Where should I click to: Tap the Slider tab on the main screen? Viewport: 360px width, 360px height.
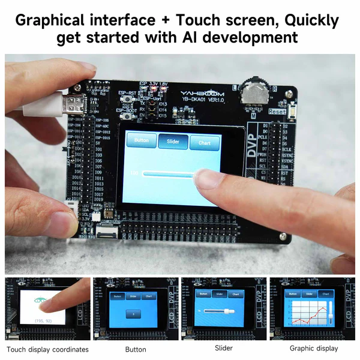(x=173, y=141)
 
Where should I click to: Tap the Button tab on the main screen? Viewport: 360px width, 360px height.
(x=142, y=140)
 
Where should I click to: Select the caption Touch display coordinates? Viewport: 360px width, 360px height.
(x=47, y=349)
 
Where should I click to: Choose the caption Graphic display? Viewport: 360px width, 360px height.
(x=314, y=349)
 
